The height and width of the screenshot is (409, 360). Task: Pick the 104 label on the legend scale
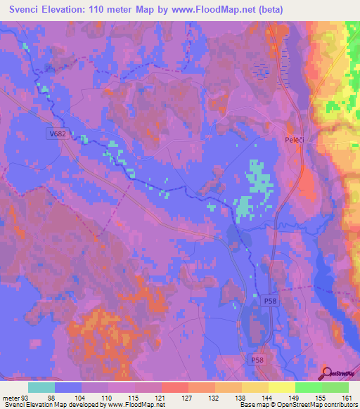pos(82,398)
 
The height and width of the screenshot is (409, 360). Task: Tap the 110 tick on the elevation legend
pos(108,398)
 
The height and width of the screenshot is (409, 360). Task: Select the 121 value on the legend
pos(161,398)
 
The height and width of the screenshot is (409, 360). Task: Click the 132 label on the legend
pos(214,398)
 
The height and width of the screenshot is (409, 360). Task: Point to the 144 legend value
pos(268,398)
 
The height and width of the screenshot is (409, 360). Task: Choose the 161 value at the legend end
pos(347,398)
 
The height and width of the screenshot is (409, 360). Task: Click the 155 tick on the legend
pos(321,398)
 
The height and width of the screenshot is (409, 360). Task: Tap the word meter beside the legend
pos(10,398)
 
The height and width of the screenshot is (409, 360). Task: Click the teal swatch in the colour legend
pos(41,387)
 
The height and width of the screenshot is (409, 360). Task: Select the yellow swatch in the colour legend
pos(282,387)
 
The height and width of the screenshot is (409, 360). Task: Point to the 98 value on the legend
pos(55,398)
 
